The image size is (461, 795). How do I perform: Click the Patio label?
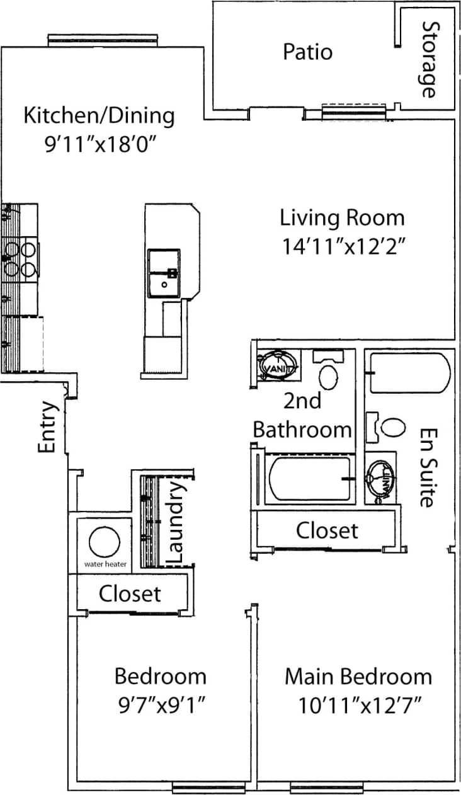307,52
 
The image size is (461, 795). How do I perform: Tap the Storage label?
429,59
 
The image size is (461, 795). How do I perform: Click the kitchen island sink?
164,273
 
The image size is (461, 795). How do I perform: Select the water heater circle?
104,542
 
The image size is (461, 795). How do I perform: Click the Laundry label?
177,522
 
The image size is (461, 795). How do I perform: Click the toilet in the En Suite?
392,427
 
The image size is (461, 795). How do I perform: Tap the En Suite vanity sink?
381,478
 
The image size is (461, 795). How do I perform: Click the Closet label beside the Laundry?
130,593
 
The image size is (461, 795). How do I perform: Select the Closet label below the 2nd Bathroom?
327,530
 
